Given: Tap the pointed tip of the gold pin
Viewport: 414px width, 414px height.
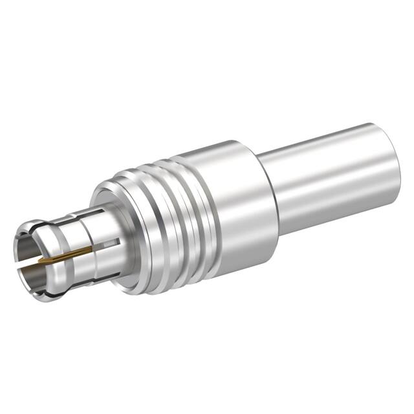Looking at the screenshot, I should coord(40,261).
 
